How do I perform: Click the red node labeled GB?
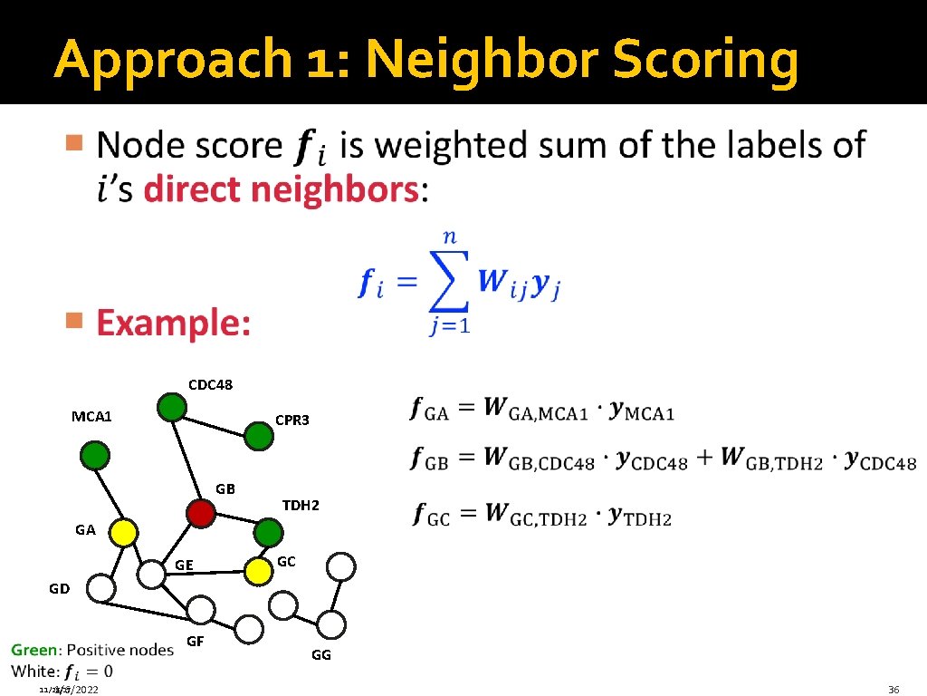coord(200,514)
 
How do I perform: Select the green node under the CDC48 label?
coord(171,408)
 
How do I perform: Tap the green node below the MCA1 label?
coord(94,454)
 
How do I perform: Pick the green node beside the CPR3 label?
coord(258,437)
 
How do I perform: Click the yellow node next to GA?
coord(123,533)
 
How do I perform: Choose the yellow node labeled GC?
coord(259,570)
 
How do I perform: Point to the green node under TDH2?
coord(268,531)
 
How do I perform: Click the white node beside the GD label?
coord(102,589)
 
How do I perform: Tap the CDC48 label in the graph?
coord(210,385)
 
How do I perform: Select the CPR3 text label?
coord(291,420)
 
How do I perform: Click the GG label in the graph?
coord(321,654)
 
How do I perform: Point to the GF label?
coord(195,642)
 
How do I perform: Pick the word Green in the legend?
coord(33,650)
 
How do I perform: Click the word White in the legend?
coord(33,672)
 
